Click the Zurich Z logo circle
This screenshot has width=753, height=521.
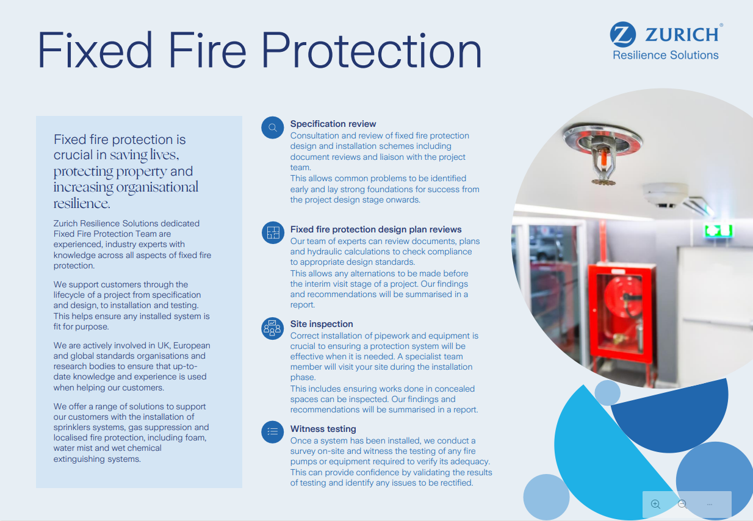pos(623,34)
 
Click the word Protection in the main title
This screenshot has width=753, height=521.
pos(372,50)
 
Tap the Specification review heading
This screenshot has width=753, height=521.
pos(333,124)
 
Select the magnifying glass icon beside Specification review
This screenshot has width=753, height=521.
pos(273,128)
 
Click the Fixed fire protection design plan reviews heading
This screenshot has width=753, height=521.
pos(376,229)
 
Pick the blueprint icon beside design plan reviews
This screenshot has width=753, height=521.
pos(273,233)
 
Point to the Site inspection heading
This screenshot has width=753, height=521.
pos(322,324)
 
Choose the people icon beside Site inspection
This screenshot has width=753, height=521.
pos(273,328)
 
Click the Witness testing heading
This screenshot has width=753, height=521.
pos(323,429)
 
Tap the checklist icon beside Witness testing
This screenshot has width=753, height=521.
pos(273,432)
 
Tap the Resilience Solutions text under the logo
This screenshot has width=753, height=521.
pos(665,56)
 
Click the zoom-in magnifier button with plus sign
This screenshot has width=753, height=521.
pos(656,504)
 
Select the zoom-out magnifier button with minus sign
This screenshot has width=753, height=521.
pos(683,504)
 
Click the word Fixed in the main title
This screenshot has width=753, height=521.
pos(95,50)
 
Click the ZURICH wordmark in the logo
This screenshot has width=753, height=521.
pos(682,34)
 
